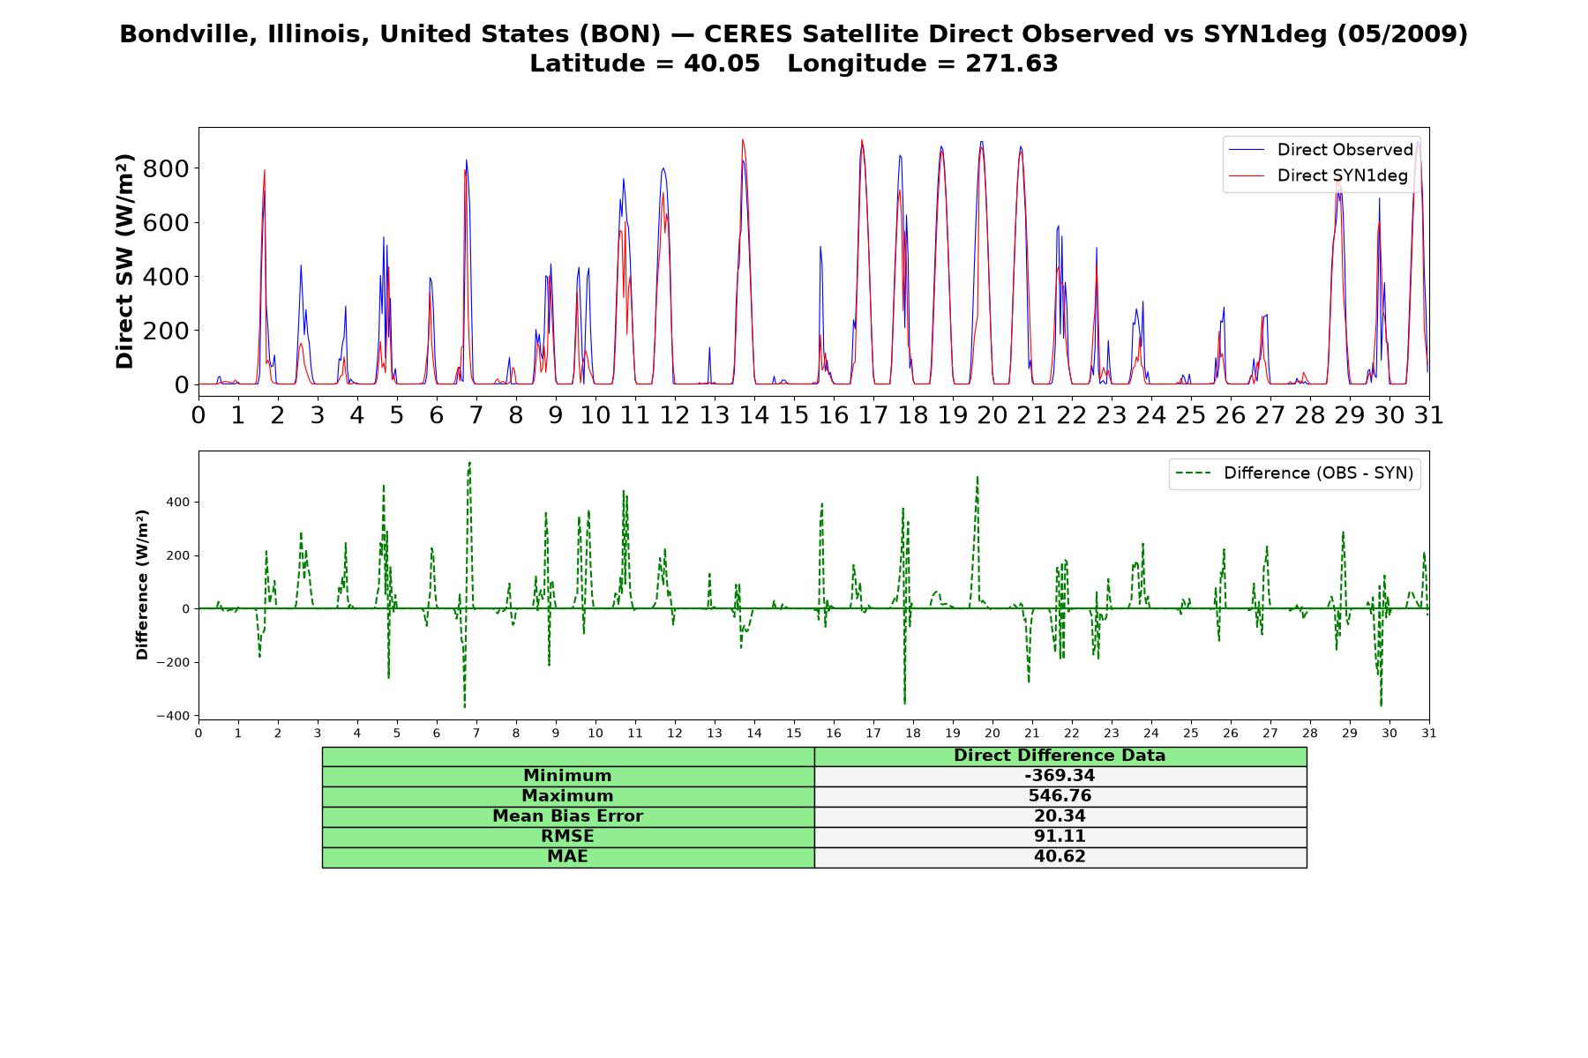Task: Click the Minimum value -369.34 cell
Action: pos(1060,776)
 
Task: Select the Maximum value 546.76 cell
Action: pos(1060,796)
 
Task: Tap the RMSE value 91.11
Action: pos(1060,837)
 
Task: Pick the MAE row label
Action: pos(567,857)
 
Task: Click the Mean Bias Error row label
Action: pos(567,816)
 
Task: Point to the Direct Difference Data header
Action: pos(1060,756)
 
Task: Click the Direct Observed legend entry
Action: pos(1321,150)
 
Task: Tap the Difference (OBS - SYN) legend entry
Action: pos(1294,473)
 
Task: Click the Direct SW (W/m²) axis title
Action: pos(125,261)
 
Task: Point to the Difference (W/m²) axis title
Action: pos(142,585)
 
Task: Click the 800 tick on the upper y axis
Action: pos(166,168)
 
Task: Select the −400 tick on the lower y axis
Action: pos(173,716)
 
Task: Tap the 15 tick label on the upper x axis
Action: pos(793,414)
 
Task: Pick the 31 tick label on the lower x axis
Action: pos(1429,733)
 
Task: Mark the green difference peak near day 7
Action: pos(469,462)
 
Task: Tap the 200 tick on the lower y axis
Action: pos(177,555)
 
